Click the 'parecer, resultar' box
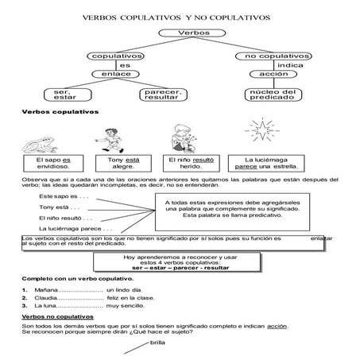162,96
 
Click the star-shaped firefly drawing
260,131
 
